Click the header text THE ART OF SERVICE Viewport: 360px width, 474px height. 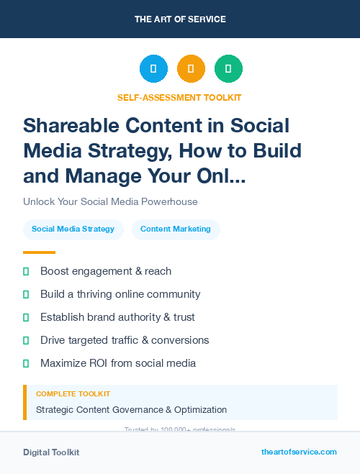tap(179, 19)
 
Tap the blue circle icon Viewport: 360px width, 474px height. tap(153, 69)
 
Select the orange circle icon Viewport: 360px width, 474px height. tap(191, 69)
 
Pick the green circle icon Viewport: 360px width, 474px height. tap(228, 69)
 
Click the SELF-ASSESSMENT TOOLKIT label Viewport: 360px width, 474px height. tap(179, 97)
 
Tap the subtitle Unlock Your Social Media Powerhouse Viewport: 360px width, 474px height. tap(110, 201)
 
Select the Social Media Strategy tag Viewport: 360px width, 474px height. tap(73, 229)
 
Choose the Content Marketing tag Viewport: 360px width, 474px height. tap(176, 229)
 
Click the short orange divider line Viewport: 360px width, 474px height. tap(39, 252)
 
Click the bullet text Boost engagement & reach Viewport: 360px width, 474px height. tap(106, 271)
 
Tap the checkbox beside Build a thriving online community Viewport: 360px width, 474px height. tap(26, 294)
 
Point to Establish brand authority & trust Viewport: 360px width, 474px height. tap(117, 317)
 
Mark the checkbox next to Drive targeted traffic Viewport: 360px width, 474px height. tap(26, 340)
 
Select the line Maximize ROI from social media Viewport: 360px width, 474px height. tap(118, 363)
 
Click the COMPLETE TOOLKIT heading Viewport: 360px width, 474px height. tap(73, 394)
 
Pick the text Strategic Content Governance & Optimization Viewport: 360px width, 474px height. tap(131, 410)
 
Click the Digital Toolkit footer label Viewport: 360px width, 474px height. tap(51, 452)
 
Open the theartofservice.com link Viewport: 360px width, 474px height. tap(299, 452)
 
